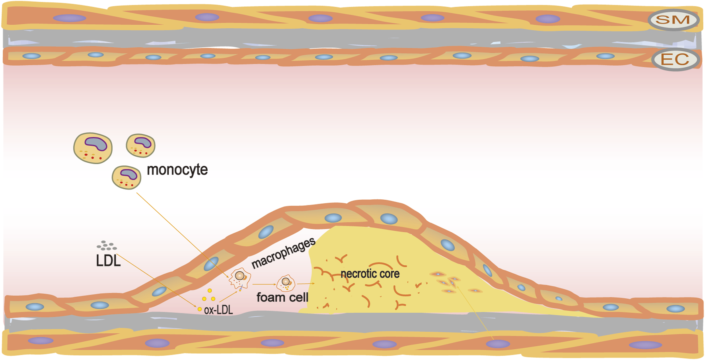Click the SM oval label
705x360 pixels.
click(x=673, y=20)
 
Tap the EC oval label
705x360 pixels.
click(x=675, y=60)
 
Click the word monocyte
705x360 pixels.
click(x=177, y=169)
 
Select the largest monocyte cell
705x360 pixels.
click(x=93, y=148)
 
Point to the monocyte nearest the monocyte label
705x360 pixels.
click(x=127, y=177)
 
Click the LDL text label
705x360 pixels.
click(x=108, y=261)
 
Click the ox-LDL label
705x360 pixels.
click(x=218, y=310)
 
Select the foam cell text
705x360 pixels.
click(x=282, y=297)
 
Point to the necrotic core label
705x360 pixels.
click(x=370, y=274)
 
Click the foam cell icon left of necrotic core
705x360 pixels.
click(x=286, y=283)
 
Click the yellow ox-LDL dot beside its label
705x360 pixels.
click(x=200, y=309)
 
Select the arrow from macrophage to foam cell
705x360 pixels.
click(x=264, y=284)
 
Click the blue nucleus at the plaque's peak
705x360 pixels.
click(x=388, y=218)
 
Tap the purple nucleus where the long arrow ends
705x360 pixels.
click(x=498, y=344)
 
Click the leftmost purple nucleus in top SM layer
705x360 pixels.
click(x=70, y=18)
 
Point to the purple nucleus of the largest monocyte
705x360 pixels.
click(x=96, y=143)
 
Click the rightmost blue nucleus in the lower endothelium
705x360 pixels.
click(x=675, y=308)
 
